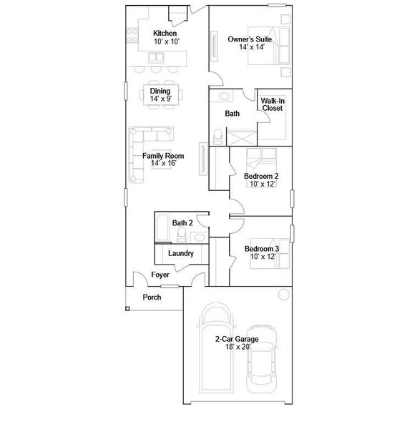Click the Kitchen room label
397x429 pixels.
tap(165, 34)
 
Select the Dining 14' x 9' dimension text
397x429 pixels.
tap(160, 99)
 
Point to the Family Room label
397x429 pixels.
tap(162, 155)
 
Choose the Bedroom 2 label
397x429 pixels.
tap(260, 176)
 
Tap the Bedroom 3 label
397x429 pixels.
tap(261, 249)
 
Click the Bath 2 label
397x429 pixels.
tap(182, 223)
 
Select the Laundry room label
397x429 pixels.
tap(180, 253)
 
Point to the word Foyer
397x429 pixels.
tap(160, 275)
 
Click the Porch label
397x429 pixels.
tap(152, 297)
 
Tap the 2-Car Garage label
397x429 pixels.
tap(237, 340)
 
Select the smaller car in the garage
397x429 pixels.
tap(263, 368)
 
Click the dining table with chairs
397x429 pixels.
tap(160, 94)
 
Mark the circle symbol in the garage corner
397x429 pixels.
tap(284, 294)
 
